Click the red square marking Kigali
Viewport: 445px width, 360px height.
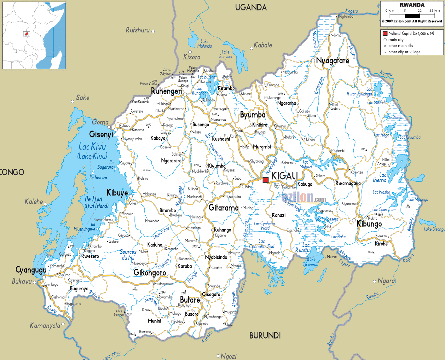tap(266, 180)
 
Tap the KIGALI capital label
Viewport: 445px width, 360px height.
tap(285, 176)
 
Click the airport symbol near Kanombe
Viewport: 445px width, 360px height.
tap(277, 185)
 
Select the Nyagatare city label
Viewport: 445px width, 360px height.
tap(332, 61)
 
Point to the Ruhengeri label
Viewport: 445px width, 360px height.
tap(166, 91)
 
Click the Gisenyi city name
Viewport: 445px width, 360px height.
tap(101, 135)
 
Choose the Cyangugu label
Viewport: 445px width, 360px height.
tap(31, 270)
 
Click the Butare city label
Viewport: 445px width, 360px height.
tap(190, 300)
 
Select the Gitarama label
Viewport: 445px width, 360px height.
tap(223, 208)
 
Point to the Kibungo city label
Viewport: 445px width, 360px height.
tap(369, 224)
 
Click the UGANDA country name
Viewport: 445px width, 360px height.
tap(251, 8)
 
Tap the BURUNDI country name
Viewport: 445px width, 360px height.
tap(265, 335)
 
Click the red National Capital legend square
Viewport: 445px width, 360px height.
tap(385, 33)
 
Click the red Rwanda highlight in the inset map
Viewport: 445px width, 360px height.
tap(27, 34)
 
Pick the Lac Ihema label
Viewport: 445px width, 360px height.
tap(379, 177)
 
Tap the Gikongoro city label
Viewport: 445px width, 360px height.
tap(150, 273)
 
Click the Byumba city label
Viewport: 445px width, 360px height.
tap(253, 115)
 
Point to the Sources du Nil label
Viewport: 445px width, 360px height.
tap(128, 255)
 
